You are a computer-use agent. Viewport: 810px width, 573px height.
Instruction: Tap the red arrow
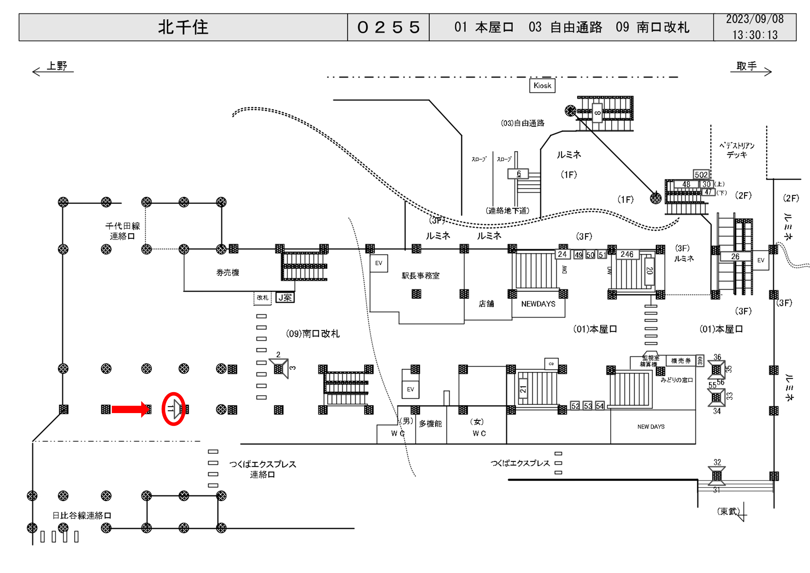click(130, 409)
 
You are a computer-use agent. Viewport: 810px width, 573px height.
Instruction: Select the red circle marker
click(174, 409)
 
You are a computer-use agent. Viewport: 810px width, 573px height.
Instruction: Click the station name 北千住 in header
click(183, 27)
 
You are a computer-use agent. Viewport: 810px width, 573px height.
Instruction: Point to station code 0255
click(388, 27)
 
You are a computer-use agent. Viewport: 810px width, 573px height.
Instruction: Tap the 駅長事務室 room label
click(420, 276)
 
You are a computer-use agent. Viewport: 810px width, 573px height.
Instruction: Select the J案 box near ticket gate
click(285, 298)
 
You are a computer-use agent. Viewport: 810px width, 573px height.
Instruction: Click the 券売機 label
click(228, 272)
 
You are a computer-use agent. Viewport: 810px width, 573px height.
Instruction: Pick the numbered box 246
click(627, 254)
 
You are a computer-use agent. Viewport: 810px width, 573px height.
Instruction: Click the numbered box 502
click(701, 175)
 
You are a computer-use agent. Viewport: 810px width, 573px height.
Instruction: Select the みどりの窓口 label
click(677, 380)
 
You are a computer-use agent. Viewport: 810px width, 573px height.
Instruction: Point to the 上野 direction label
click(57, 66)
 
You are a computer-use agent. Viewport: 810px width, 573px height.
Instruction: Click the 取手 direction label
click(747, 66)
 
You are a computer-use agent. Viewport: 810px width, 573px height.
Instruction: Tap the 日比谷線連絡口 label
click(82, 515)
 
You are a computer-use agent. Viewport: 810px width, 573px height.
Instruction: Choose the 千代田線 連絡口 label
click(122, 231)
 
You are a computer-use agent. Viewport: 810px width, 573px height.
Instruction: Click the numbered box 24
click(562, 254)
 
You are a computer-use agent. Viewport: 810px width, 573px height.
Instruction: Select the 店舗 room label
click(486, 304)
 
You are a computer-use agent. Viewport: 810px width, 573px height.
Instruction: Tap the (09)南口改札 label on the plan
click(312, 334)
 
